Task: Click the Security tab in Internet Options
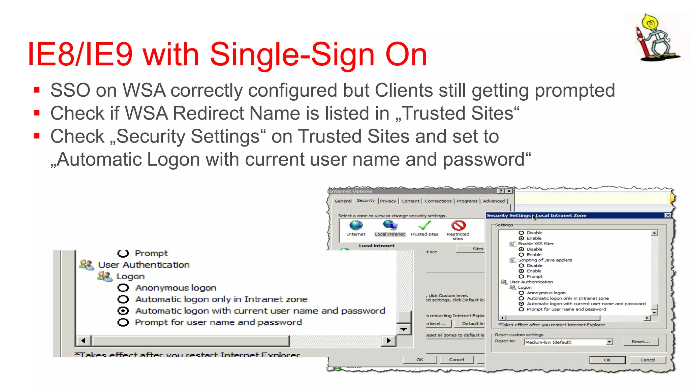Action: tap(366, 200)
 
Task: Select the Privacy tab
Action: tap(388, 201)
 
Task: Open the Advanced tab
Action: tap(494, 201)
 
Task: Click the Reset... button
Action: tap(640, 342)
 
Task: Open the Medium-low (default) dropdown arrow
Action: tap(609, 342)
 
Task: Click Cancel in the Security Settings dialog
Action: tap(648, 360)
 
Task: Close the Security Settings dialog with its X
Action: tap(668, 215)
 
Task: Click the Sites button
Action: tap(478, 249)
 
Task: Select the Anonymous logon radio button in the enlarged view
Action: tap(123, 288)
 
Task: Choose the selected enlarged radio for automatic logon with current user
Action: tap(123, 311)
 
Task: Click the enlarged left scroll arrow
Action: tap(83, 341)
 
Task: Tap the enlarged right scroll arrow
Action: tap(388, 341)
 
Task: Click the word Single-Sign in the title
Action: tap(292, 55)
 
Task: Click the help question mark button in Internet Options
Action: tap(501, 191)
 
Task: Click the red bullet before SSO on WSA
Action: tap(37, 90)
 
